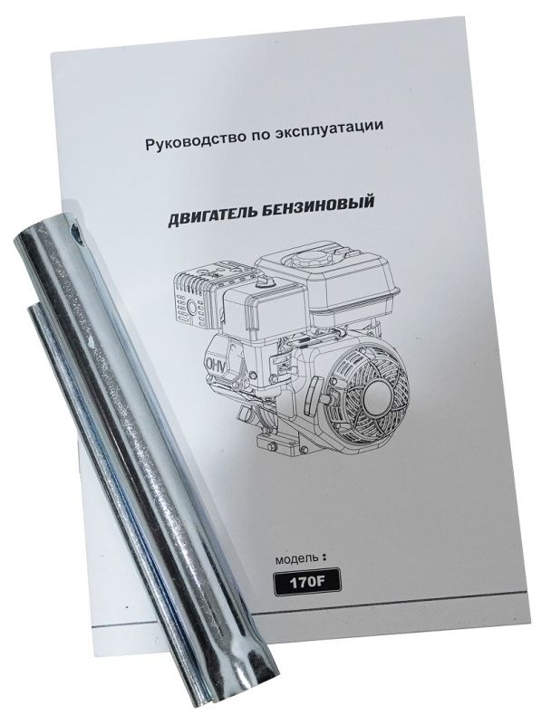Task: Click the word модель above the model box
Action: pos(296,559)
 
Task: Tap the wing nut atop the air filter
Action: pos(264,281)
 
